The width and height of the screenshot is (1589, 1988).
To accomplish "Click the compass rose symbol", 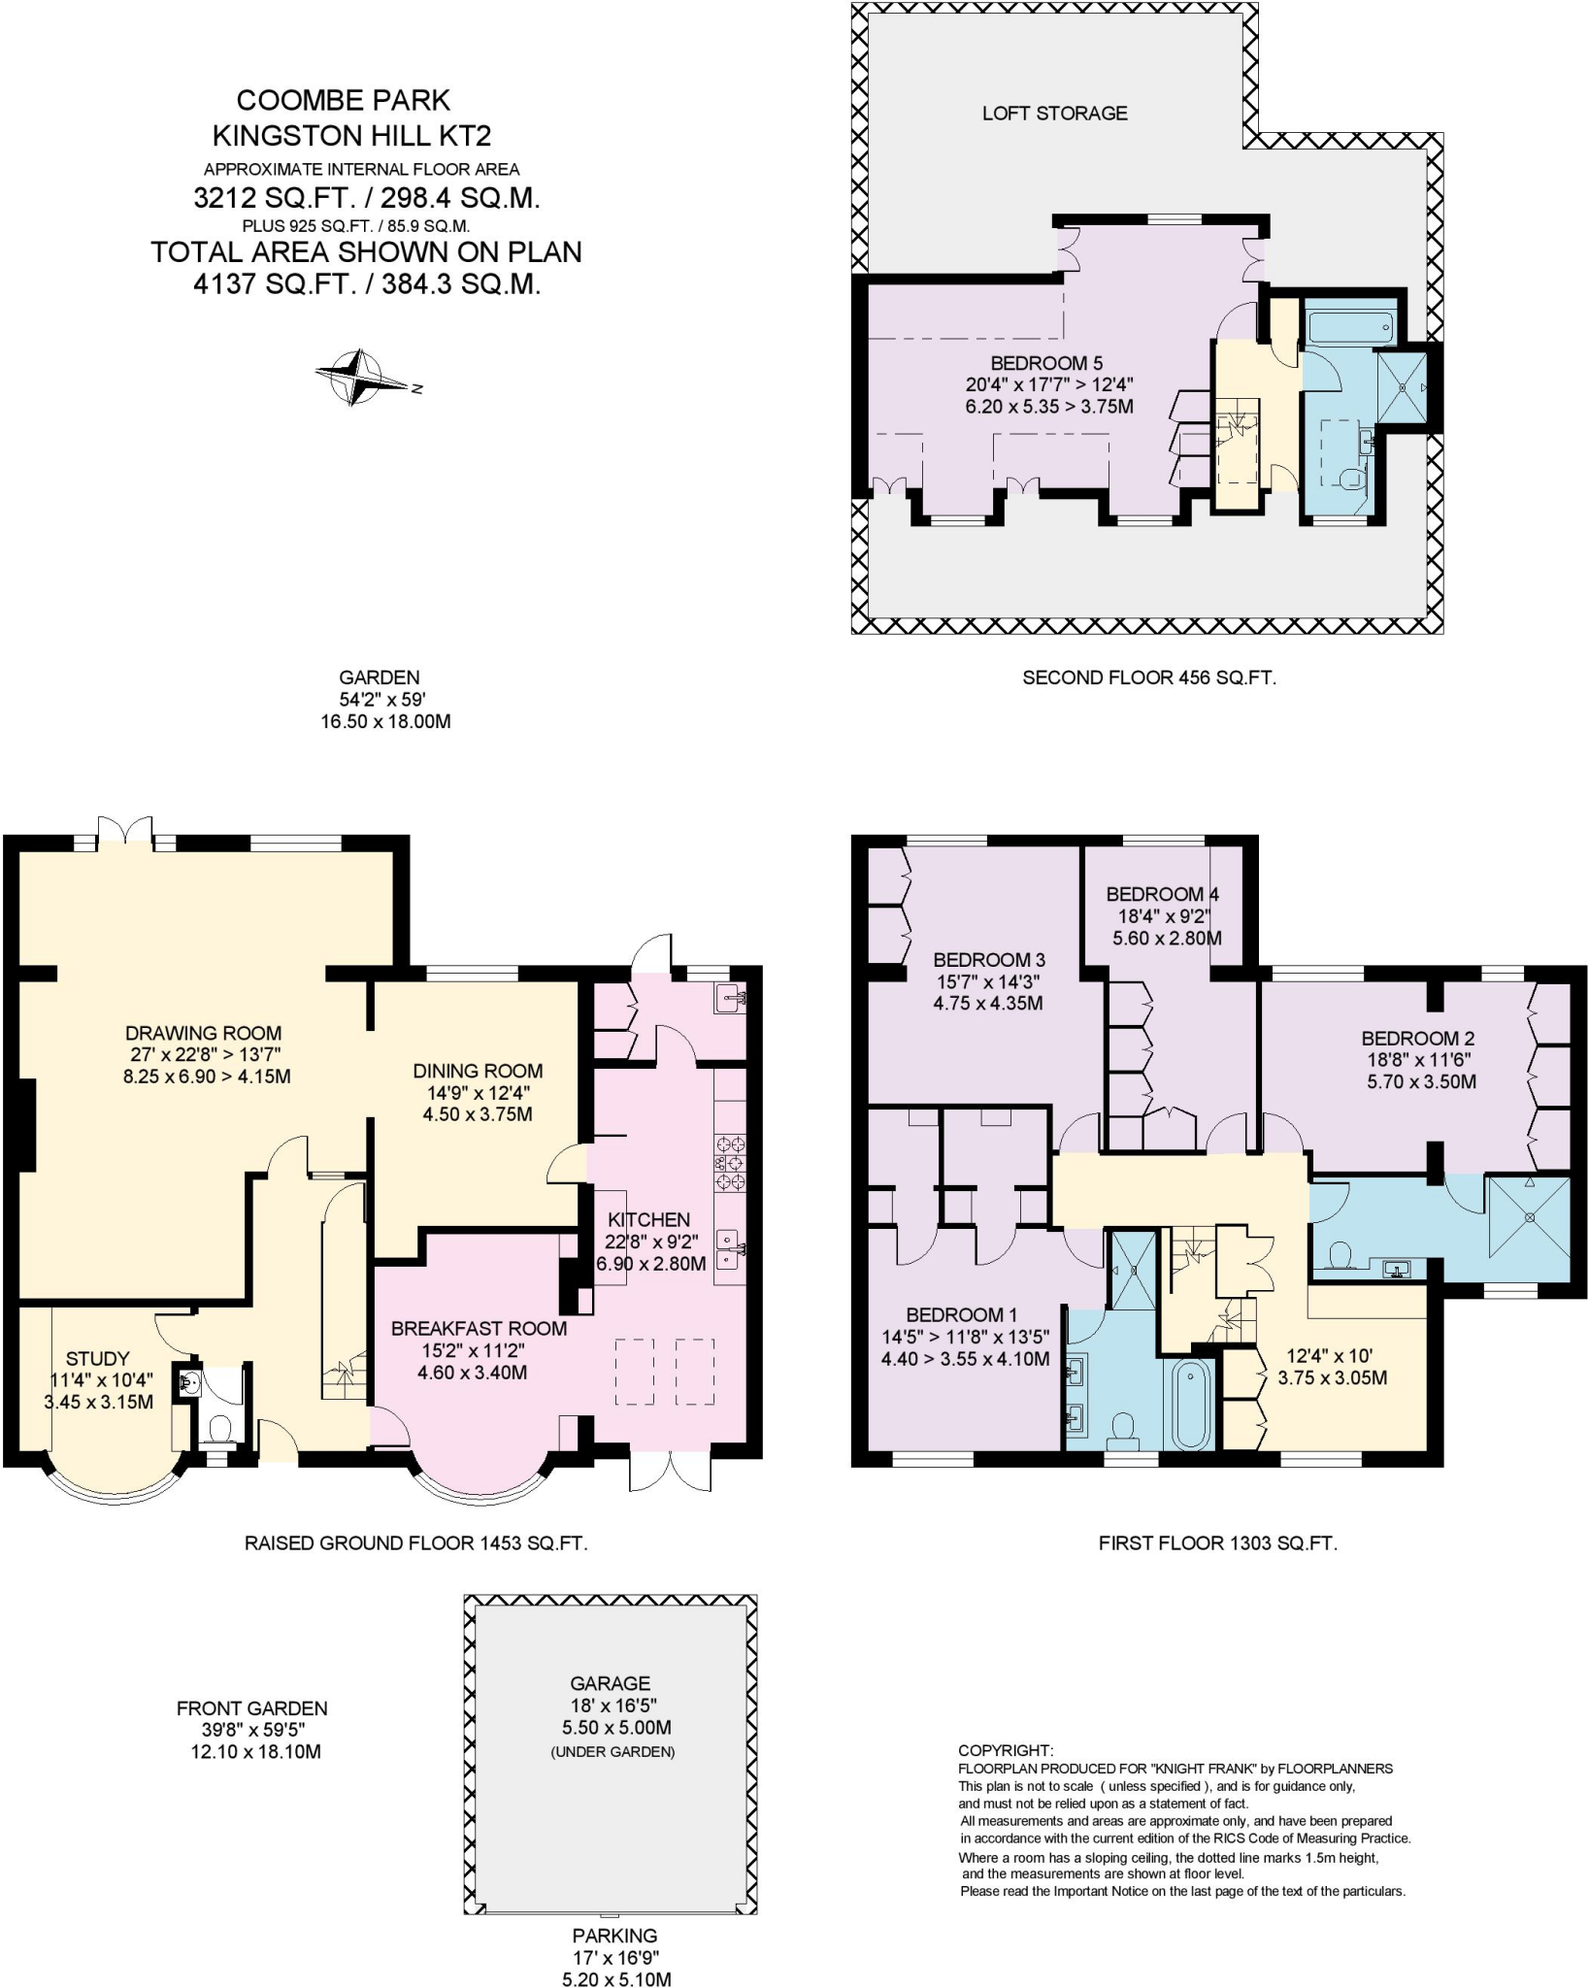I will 360,376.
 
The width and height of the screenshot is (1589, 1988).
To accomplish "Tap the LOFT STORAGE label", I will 1054,114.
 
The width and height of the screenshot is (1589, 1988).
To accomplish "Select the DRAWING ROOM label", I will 204,1034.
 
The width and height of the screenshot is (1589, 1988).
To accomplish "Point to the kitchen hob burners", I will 730,1162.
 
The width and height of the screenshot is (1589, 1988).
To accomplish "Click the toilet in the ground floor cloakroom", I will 220,1428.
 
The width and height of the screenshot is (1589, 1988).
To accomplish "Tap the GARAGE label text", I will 610,1683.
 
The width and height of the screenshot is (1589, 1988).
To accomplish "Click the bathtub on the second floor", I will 1351,327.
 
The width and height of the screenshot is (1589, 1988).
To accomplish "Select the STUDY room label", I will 97,1359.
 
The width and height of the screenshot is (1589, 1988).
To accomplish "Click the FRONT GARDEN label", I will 251,1708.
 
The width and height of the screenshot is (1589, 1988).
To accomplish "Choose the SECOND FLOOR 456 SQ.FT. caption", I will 1148,678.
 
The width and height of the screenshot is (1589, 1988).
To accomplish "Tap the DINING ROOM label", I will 478,1071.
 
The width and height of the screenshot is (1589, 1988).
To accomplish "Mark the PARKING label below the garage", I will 614,1936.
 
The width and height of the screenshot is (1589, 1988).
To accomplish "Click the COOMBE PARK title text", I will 344,100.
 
